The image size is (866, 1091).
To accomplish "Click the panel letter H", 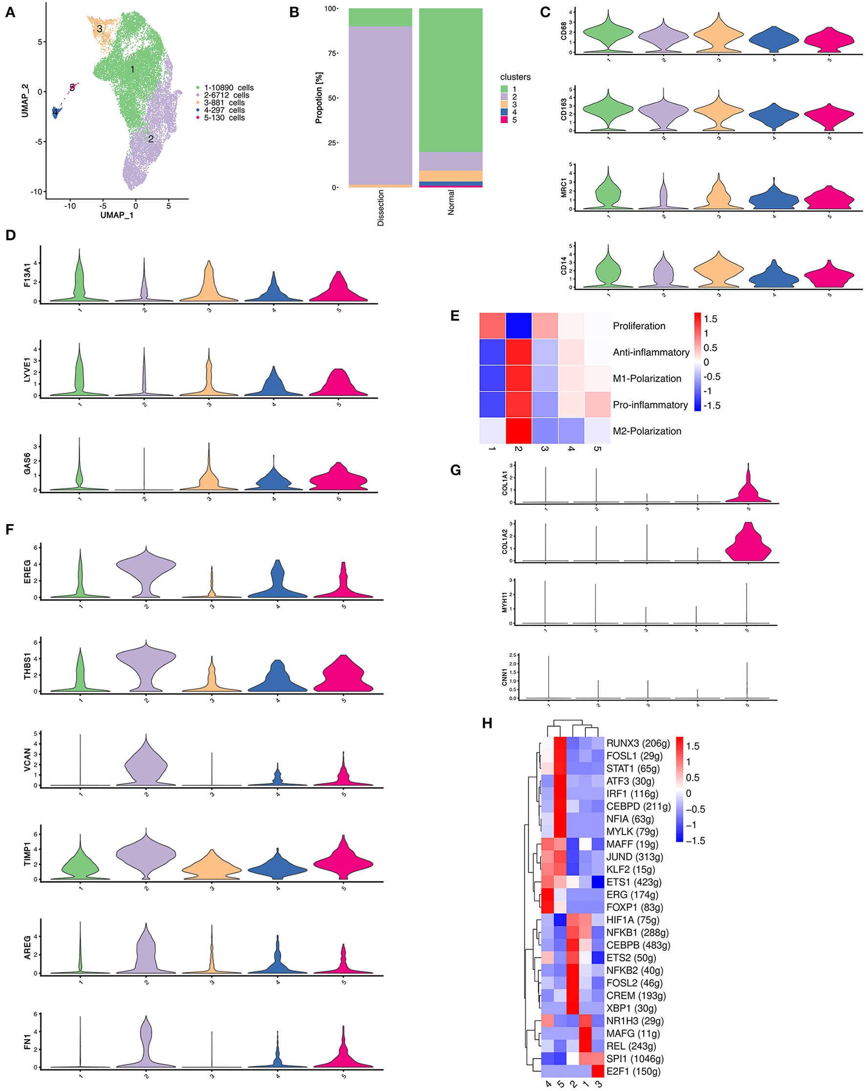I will [x=487, y=723].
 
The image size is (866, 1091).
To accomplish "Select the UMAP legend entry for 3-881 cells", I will [x=224, y=103].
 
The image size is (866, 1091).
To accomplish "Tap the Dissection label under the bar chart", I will [x=381, y=208].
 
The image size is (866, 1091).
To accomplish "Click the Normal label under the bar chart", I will [x=451, y=202].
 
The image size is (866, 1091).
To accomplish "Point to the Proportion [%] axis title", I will [x=318, y=98].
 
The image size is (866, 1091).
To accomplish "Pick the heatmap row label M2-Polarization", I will [x=647, y=431].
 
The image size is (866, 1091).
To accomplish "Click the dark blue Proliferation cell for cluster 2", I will [x=519, y=326].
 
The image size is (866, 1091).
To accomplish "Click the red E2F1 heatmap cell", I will [x=598, y=1071].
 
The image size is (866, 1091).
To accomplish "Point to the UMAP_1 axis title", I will [x=116, y=215].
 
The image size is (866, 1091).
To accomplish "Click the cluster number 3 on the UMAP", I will [x=100, y=29].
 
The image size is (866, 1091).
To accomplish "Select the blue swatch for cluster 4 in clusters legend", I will [x=504, y=112].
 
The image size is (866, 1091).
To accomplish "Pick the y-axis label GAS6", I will [x=27, y=464].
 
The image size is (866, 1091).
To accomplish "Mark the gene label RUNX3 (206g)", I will [x=638, y=743].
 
